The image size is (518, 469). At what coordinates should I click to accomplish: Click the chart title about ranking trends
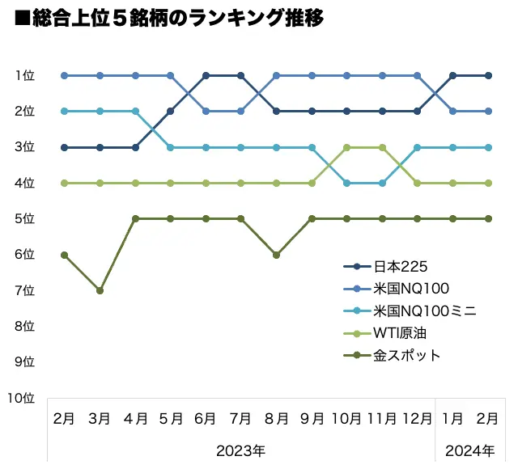169,19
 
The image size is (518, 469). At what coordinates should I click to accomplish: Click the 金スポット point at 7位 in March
100,290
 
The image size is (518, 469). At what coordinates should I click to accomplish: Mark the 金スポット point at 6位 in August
276,255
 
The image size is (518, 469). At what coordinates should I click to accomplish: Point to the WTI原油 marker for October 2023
346,147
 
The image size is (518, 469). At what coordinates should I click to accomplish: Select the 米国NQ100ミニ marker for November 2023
382,183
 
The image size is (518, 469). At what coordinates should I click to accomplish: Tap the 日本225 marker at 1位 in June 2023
206,76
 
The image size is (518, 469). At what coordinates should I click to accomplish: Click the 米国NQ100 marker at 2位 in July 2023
241,112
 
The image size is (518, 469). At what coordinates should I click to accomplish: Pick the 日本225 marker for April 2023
135,147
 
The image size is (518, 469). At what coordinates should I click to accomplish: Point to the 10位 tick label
21,398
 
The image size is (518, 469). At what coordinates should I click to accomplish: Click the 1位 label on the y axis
24,76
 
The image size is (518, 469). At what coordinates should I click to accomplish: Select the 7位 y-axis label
24,290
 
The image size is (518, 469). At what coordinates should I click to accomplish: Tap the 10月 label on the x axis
346,419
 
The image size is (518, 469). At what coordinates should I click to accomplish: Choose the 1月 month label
452,419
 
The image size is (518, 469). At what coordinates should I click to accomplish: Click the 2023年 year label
240,450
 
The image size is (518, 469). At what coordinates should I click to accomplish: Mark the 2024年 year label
469,450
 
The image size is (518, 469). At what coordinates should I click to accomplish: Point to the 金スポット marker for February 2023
65,255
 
